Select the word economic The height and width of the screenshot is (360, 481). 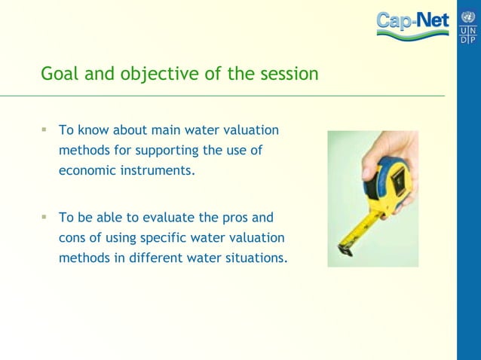[87, 170]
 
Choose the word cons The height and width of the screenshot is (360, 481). [72, 238]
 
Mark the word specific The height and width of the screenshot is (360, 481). [178, 238]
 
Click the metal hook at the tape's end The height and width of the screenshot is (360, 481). [344, 248]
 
